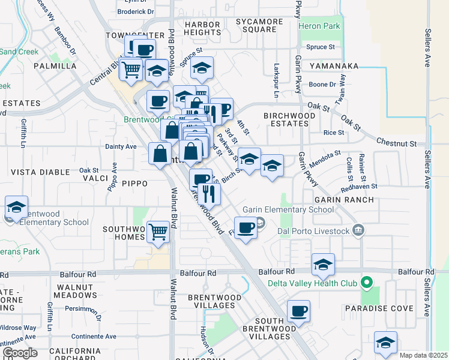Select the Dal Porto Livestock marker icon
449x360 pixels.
(358, 229)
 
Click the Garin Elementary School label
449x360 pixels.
(288, 209)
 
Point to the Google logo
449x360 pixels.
(19, 353)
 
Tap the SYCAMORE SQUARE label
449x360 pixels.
(259, 26)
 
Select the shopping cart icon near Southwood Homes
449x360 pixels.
(158, 231)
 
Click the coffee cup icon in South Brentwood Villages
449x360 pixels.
(298, 311)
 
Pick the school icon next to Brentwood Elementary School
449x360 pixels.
(16, 208)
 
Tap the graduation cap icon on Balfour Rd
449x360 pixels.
(323, 265)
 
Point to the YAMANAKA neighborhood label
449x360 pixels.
(334, 66)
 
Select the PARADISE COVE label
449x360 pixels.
(378, 308)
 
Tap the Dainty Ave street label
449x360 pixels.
(121, 146)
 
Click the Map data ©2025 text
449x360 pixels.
(423, 355)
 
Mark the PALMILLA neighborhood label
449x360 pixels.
(55, 66)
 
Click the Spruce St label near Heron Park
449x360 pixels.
(320, 47)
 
